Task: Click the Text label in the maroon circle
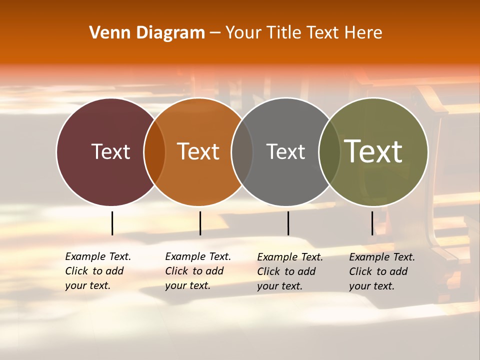(110, 151)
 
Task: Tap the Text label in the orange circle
(198, 151)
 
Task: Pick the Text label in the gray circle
(285, 151)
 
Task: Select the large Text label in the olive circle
(373, 151)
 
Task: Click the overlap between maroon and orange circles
(154, 152)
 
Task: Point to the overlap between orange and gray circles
(242, 152)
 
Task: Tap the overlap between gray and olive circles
(329, 152)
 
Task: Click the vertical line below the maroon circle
(112, 223)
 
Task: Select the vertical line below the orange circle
(200, 223)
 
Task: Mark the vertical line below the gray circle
(288, 223)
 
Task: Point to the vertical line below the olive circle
(372, 223)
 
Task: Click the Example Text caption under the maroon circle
(98, 271)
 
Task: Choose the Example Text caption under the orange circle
(198, 271)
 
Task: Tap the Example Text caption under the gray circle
(290, 271)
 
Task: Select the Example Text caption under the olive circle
(382, 271)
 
